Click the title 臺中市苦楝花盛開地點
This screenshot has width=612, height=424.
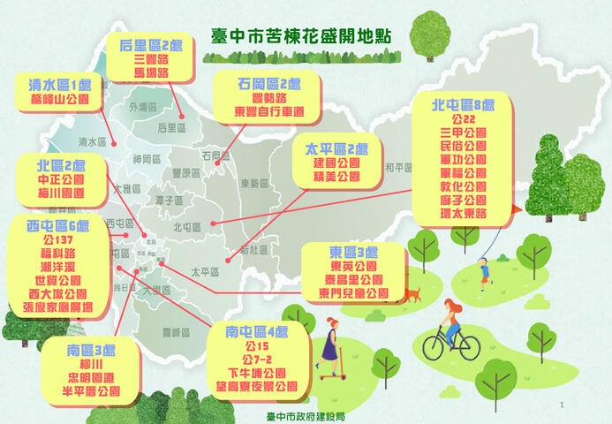302,36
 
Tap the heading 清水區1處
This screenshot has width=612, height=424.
59,86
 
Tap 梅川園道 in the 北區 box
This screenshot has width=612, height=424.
61,193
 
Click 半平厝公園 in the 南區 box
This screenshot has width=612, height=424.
93,390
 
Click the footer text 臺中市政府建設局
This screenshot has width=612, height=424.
305,415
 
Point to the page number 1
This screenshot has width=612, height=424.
586,405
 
